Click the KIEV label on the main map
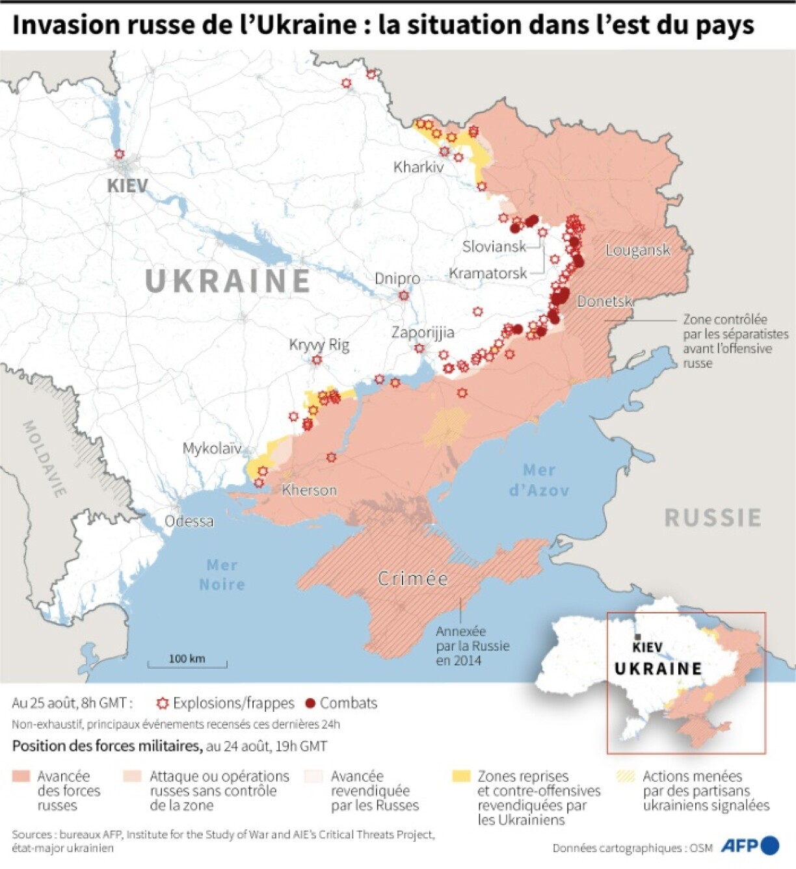pyautogui.click(x=127, y=186)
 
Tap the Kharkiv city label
pyautogui.click(x=418, y=167)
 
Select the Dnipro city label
pyautogui.click(x=397, y=278)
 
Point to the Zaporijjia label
pyautogui.click(x=423, y=332)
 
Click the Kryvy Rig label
pyautogui.click(x=319, y=344)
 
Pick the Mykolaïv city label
pyautogui.click(x=211, y=448)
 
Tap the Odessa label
pyautogui.click(x=189, y=521)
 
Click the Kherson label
pyautogui.click(x=310, y=490)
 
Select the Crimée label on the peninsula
pyautogui.click(x=413, y=578)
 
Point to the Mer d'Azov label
pyautogui.click(x=539, y=480)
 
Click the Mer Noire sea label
pyautogui.click(x=222, y=575)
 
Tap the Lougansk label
pyautogui.click(x=637, y=250)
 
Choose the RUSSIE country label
pyautogui.click(x=713, y=518)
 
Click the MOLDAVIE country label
pyautogui.click(x=45, y=459)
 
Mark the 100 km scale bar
pyautogui.click(x=187, y=663)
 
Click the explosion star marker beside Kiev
pyautogui.click(x=119, y=154)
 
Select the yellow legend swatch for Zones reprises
pyautogui.click(x=461, y=776)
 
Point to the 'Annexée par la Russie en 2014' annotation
pyautogui.click(x=472, y=646)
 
